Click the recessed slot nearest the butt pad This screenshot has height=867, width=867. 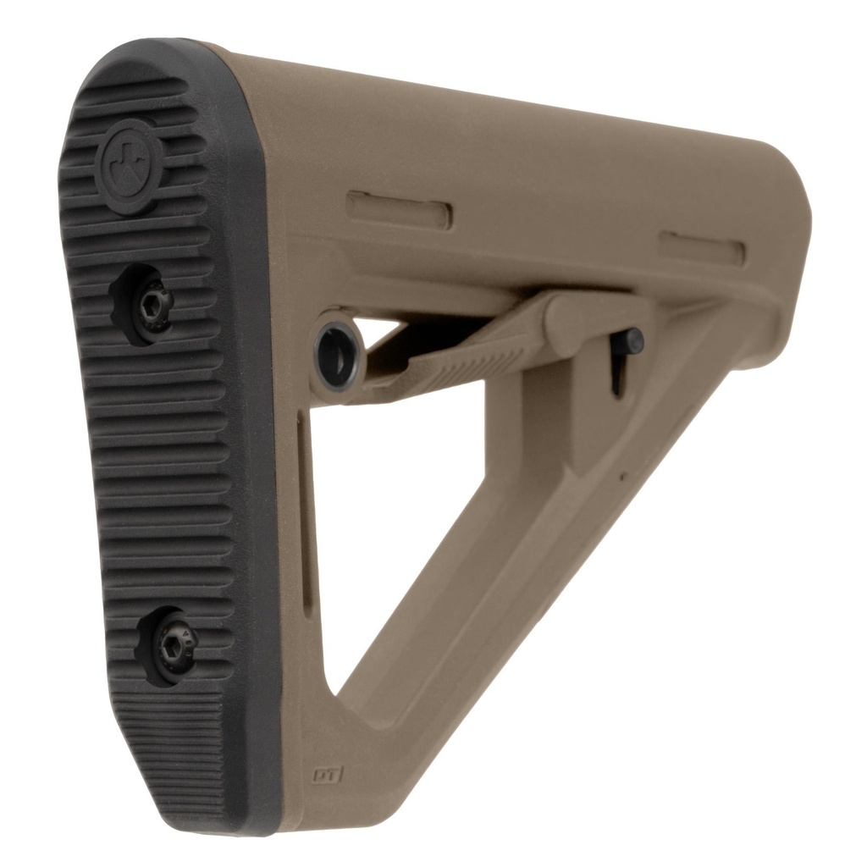(399, 209)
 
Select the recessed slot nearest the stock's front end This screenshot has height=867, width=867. (702, 247)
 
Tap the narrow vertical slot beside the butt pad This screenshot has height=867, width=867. (304, 508)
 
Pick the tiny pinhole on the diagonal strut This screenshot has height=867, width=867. (623, 477)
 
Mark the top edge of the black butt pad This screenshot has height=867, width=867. (152, 47)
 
